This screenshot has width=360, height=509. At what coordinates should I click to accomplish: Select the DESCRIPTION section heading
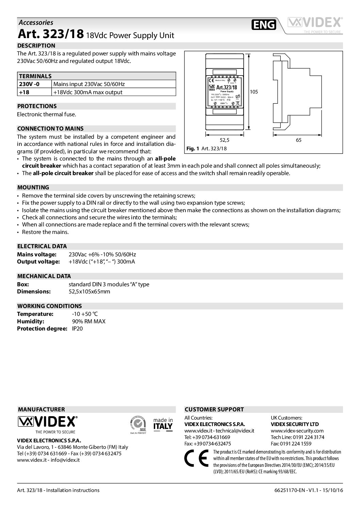tap(36, 46)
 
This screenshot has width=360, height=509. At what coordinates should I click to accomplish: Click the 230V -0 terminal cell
tap(30, 84)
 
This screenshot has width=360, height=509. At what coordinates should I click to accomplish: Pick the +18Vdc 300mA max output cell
tap(87, 92)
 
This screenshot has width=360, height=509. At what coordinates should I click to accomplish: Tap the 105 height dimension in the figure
tap(254, 91)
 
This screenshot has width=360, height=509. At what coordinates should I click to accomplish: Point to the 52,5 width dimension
tap(224, 140)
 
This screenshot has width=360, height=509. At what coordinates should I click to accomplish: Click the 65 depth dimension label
tap(298, 140)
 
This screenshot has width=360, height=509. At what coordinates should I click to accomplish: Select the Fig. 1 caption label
tap(192, 149)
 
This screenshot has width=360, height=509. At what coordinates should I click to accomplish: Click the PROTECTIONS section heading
tap(37, 106)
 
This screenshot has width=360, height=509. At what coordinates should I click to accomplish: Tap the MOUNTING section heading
tap(33, 187)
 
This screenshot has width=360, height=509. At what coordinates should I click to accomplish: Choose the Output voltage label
tap(38, 261)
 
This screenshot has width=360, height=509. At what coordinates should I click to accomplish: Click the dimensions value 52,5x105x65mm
tap(89, 291)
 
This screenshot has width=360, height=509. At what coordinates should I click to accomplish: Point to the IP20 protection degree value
tap(77, 328)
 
